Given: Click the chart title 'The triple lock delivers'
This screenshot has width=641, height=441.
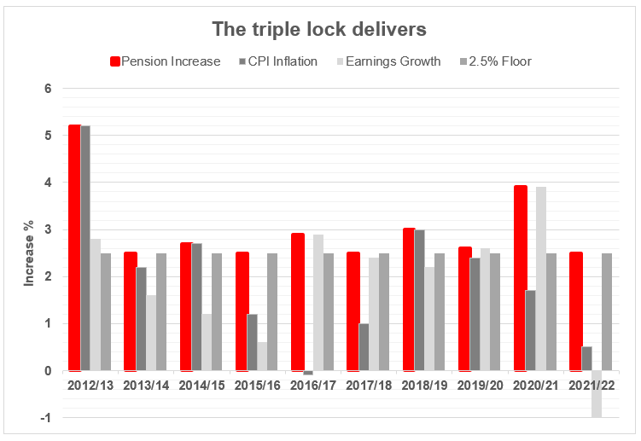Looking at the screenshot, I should tap(319, 29).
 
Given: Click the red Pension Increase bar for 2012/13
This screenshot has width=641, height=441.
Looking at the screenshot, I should tap(74, 247).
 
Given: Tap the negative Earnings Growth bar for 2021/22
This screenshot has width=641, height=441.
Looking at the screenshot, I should tap(597, 393).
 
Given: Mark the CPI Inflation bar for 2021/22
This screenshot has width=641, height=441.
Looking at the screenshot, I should tap(586, 359).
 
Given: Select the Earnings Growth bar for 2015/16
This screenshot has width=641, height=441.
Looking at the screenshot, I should tap(263, 357).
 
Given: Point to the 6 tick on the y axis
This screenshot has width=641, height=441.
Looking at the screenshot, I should tap(49, 89).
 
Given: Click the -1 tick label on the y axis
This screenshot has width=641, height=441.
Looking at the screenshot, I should tap(47, 417).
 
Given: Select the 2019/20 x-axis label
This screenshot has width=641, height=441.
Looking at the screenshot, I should tap(480, 386).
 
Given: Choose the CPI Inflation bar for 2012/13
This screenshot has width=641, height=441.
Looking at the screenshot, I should tap(85, 248).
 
